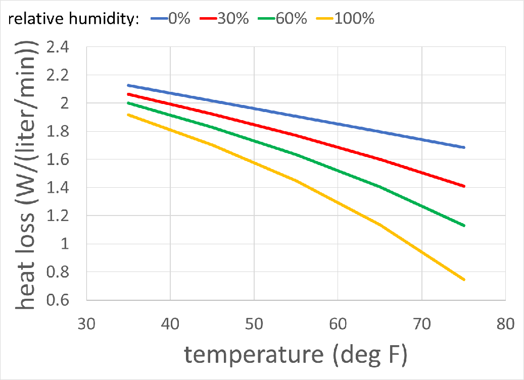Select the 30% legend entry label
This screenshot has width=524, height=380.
(233, 19)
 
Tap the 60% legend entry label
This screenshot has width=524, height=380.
(291, 19)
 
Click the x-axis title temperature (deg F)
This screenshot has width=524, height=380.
(296, 355)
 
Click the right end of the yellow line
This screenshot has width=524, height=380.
(463, 280)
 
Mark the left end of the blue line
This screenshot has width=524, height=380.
(129, 85)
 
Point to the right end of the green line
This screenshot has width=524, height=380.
(463, 226)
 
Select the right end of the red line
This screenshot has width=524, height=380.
(463, 186)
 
